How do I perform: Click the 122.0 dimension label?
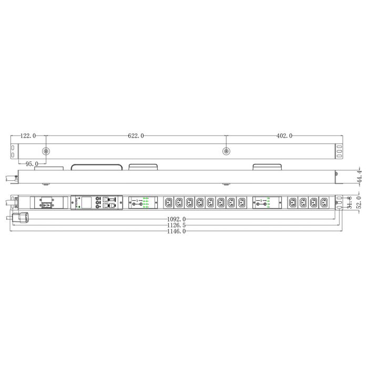click(28, 136)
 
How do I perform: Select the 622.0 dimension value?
click(136, 136)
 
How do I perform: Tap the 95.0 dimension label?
click(32, 164)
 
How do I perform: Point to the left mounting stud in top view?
click(46, 151)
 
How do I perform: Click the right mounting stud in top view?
click(226, 151)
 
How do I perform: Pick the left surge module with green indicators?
click(143, 202)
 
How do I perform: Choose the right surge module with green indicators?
click(267, 202)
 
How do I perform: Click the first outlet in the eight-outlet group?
click(168, 202)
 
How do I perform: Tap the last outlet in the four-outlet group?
click(323, 202)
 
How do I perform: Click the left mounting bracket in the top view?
click(13, 150)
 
